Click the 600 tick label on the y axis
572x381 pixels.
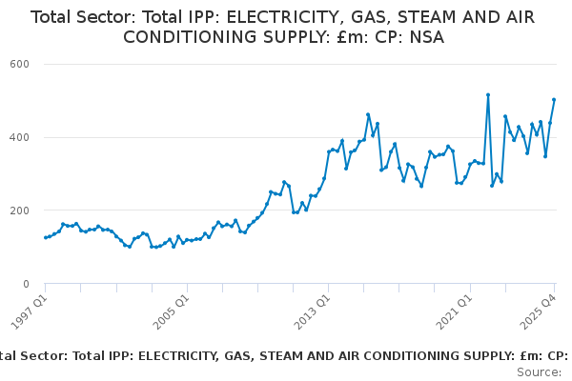pyautogui.click(x=19, y=64)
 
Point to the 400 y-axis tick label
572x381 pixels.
pyautogui.click(x=19, y=137)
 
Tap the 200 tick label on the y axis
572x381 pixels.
pyautogui.click(x=19, y=211)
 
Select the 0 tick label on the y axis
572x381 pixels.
pyautogui.click(x=27, y=284)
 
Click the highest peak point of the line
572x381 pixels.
pyautogui.click(x=488, y=95)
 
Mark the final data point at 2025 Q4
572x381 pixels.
pyautogui.click(x=554, y=100)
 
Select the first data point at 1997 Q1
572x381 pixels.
pyautogui.click(x=45, y=238)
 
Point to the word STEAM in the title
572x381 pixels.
pyautogui.click(x=413, y=17)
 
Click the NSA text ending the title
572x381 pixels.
pyautogui.click(x=424, y=37)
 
